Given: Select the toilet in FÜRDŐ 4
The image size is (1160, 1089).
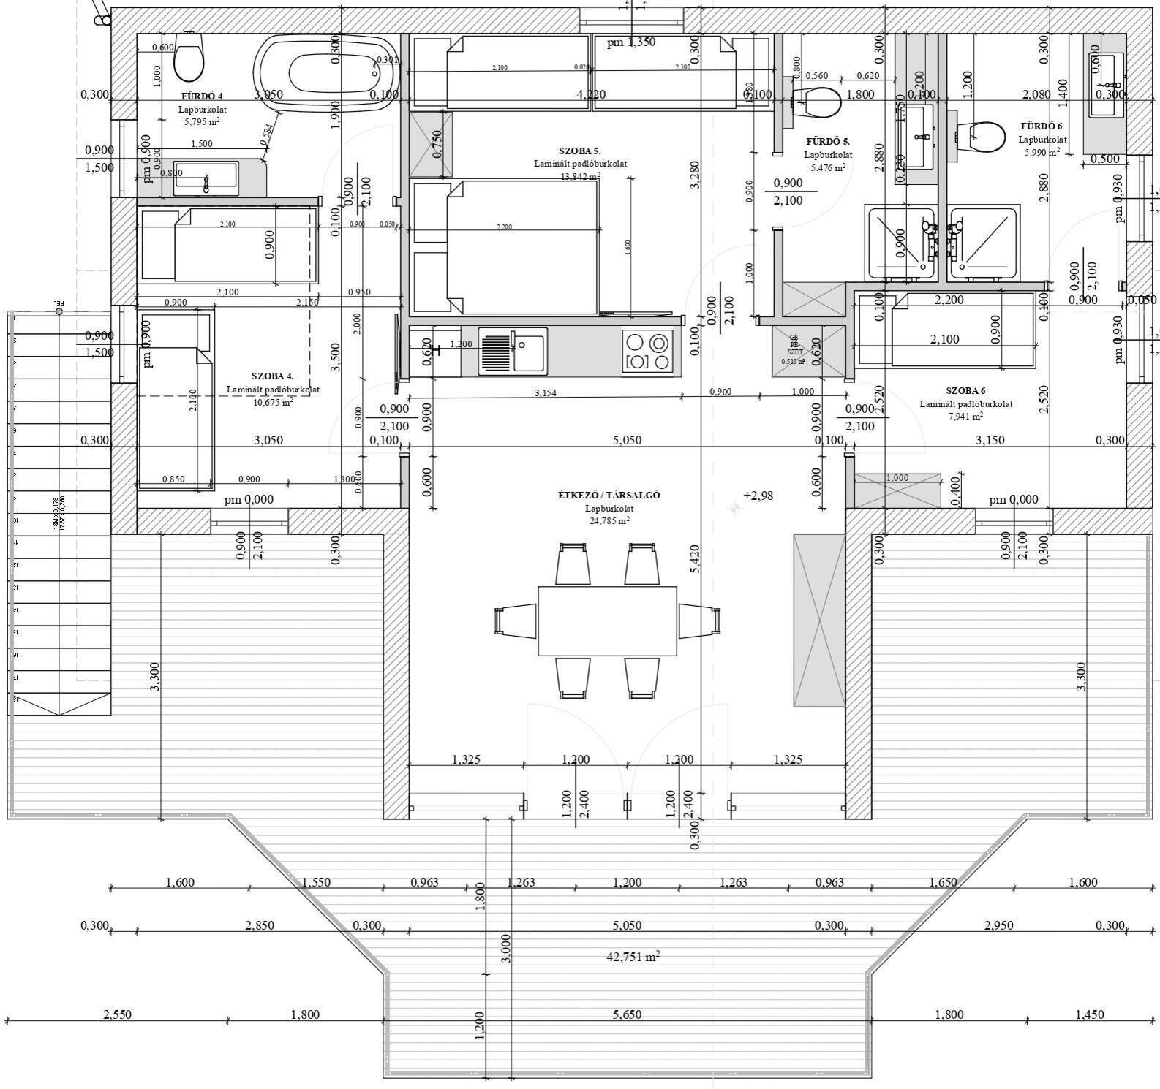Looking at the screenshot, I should (189, 58).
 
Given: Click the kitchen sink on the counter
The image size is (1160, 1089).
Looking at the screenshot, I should (513, 352).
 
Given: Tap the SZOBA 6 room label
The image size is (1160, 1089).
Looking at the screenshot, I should (965, 391).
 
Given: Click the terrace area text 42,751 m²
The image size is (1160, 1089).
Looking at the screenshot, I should (633, 957).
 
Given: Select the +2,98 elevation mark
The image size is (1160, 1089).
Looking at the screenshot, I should (758, 496).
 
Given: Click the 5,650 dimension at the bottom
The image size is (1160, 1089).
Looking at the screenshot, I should (627, 1014).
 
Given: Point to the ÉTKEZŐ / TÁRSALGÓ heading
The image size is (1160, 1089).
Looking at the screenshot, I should (609, 495).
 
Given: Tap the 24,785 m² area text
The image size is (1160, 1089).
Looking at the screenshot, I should (609, 521).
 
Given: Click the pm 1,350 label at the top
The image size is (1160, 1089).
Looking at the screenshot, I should (630, 42).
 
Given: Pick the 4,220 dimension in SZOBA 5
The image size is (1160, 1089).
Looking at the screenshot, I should (590, 94).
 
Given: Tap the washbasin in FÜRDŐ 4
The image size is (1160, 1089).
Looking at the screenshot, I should (206, 178).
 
